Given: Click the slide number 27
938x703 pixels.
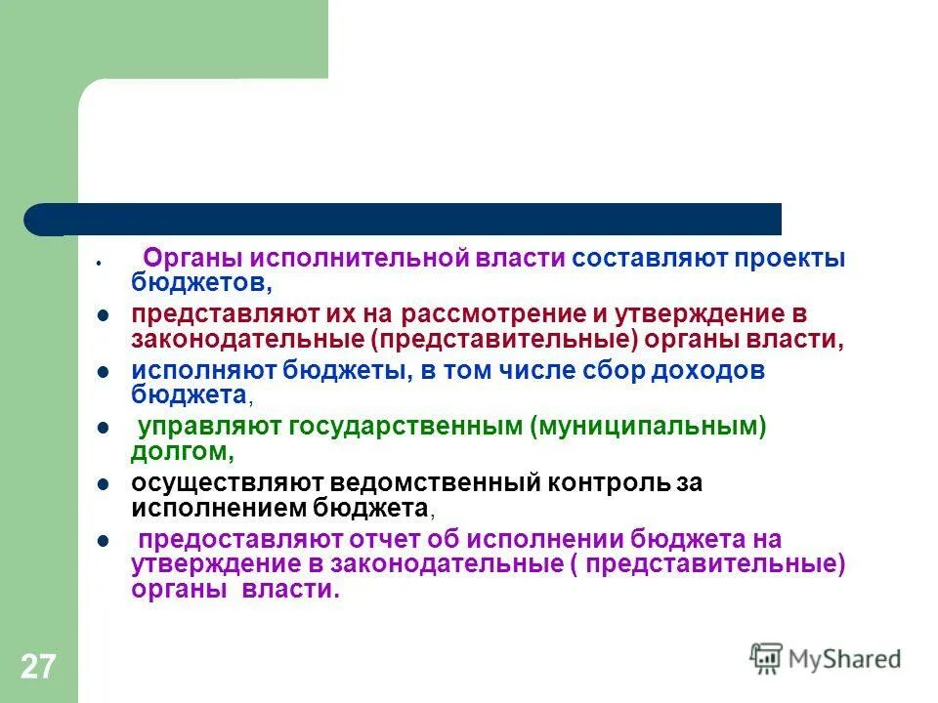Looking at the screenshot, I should (x=38, y=668).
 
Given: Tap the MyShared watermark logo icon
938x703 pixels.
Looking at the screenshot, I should (x=766, y=659).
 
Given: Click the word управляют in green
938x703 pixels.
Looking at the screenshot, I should (x=199, y=427).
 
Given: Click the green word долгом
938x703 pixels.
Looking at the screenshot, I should (x=180, y=450).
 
